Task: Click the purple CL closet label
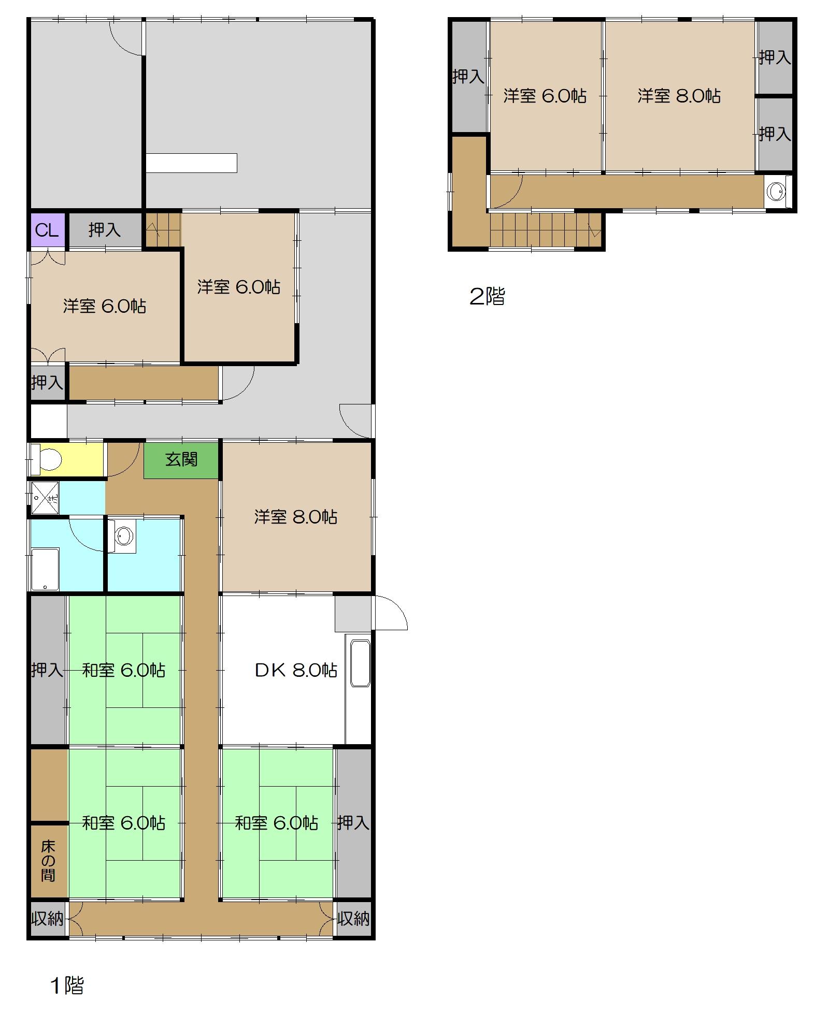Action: (x=47, y=229)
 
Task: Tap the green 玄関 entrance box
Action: (x=181, y=460)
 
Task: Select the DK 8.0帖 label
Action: (x=296, y=670)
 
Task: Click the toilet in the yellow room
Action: (x=47, y=459)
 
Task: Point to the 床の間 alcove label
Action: (x=48, y=861)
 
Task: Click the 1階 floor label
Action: (x=67, y=985)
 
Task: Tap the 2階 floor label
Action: (x=487, y=296)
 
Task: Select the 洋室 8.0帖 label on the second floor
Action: (x=679, y=96)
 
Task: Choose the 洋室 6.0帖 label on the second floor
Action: (x=545, y=96)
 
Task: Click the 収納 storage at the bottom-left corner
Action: (x=47, y=919)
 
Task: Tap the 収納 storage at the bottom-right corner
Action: (x=353, y=919)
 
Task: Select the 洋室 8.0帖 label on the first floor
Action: (x=296, y=517)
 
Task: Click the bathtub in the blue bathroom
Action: (x=45, y=569)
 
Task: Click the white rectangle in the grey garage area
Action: (x=191, y=163)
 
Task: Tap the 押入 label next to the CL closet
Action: (x=104, y=229)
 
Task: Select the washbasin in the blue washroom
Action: (x=122, y=536)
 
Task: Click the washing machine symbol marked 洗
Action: (x=45, y=498)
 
